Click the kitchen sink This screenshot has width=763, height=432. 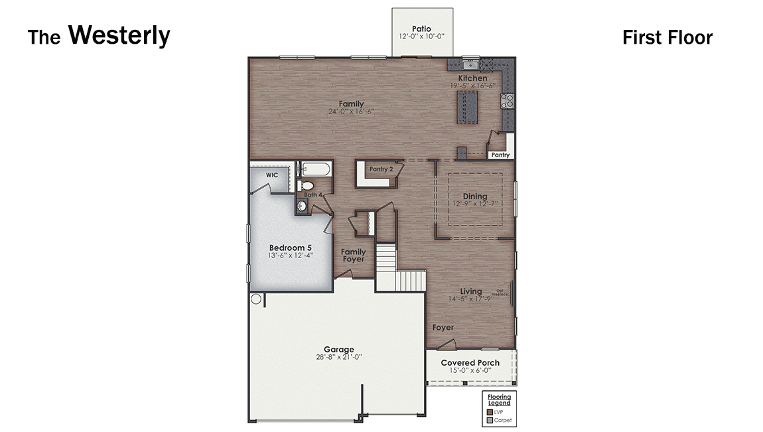click(x=470, y=64)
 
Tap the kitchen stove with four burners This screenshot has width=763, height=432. click(x=508, y=101)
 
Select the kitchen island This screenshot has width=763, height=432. click(x=466, y=108)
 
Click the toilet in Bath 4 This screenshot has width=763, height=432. click(x=306, y=186)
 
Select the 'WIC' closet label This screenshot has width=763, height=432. click(x=272, y=175)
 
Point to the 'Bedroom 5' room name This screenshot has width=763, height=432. click(x=290, y=248)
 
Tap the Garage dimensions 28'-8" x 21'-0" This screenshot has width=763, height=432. click(x=338, y=357)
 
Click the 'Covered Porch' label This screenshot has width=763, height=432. click(x=470, y=363)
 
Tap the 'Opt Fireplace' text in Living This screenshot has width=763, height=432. click(x=501, y=293)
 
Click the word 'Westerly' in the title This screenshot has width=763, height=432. click(x=119, y=36)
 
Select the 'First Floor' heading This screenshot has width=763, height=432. click(x=667, y=38)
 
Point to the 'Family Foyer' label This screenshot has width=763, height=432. click(x=354, y=255)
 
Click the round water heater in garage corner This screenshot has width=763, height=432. click(x=256, y=299)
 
